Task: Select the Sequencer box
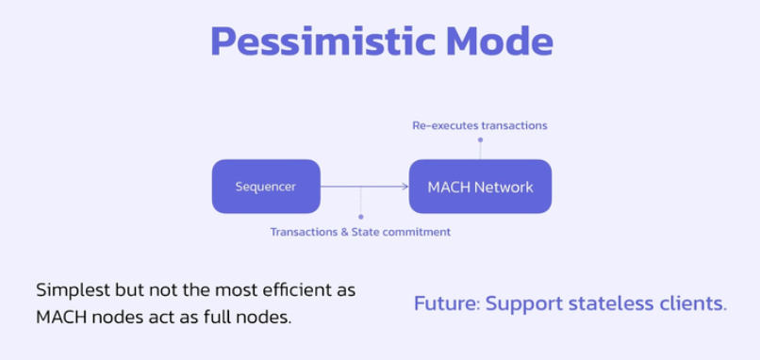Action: point(266,187)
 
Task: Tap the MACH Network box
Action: point(480,187)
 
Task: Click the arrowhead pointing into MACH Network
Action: point(405,187)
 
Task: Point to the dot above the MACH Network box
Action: point(480,139)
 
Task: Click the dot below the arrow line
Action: point(360,217)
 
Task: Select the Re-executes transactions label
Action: point(480,125)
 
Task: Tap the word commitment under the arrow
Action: point(417,232)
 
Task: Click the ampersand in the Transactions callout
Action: point(344,232)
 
